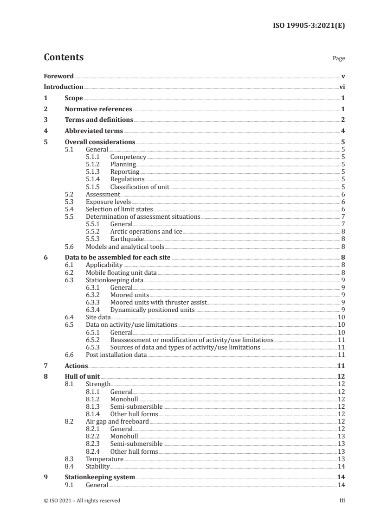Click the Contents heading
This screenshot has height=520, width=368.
point(64,57)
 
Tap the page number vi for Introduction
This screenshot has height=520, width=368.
point(342,87)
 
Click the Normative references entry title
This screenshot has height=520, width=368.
point(98,109)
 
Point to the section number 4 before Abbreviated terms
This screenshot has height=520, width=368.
point(45,131)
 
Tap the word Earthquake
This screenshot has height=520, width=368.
point(127,239)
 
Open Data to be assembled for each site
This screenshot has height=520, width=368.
point(118,257)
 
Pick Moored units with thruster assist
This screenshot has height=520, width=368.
point(158,302)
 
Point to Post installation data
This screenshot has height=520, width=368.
point(116,355)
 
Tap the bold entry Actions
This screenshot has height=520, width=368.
point(77,366)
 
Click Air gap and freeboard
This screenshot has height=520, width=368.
point(117,421)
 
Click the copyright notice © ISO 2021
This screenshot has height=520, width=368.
point(82,501)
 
